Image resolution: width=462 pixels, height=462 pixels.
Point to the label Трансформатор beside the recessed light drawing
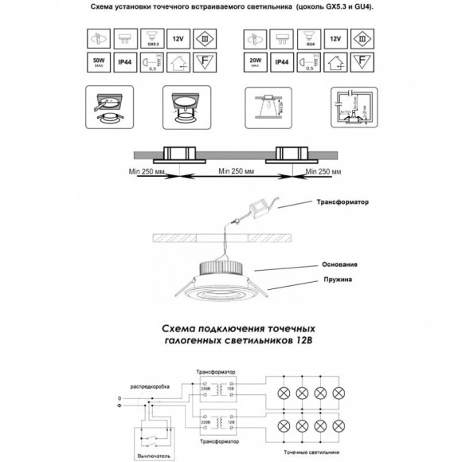click(344, 202)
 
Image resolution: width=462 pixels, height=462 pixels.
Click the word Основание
click(340, 264)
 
